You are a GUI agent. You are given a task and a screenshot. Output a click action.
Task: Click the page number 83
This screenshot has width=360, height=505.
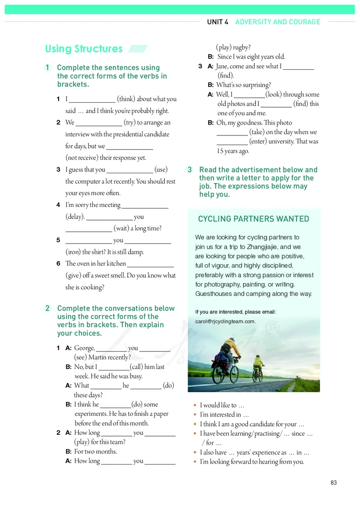tap(333, 482)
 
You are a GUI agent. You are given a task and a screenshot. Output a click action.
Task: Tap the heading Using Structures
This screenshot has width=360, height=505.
tap(84, 49)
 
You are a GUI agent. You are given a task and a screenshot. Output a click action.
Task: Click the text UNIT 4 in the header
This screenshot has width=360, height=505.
tap(218, 22)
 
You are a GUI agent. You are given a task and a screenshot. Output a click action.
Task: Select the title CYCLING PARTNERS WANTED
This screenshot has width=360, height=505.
tap(253, 219)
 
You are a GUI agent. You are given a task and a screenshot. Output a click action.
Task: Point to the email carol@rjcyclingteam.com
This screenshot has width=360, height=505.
tap(225, 321)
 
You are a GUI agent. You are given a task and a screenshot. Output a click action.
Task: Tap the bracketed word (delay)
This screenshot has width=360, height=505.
tap(75, 216)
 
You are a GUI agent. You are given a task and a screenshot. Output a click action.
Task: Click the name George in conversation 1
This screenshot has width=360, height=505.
tap(84, 348)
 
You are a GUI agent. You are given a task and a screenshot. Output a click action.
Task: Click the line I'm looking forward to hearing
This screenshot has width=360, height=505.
tap(252, 461)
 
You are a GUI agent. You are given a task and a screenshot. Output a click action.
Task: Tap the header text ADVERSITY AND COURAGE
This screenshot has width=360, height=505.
tap(278, 22)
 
